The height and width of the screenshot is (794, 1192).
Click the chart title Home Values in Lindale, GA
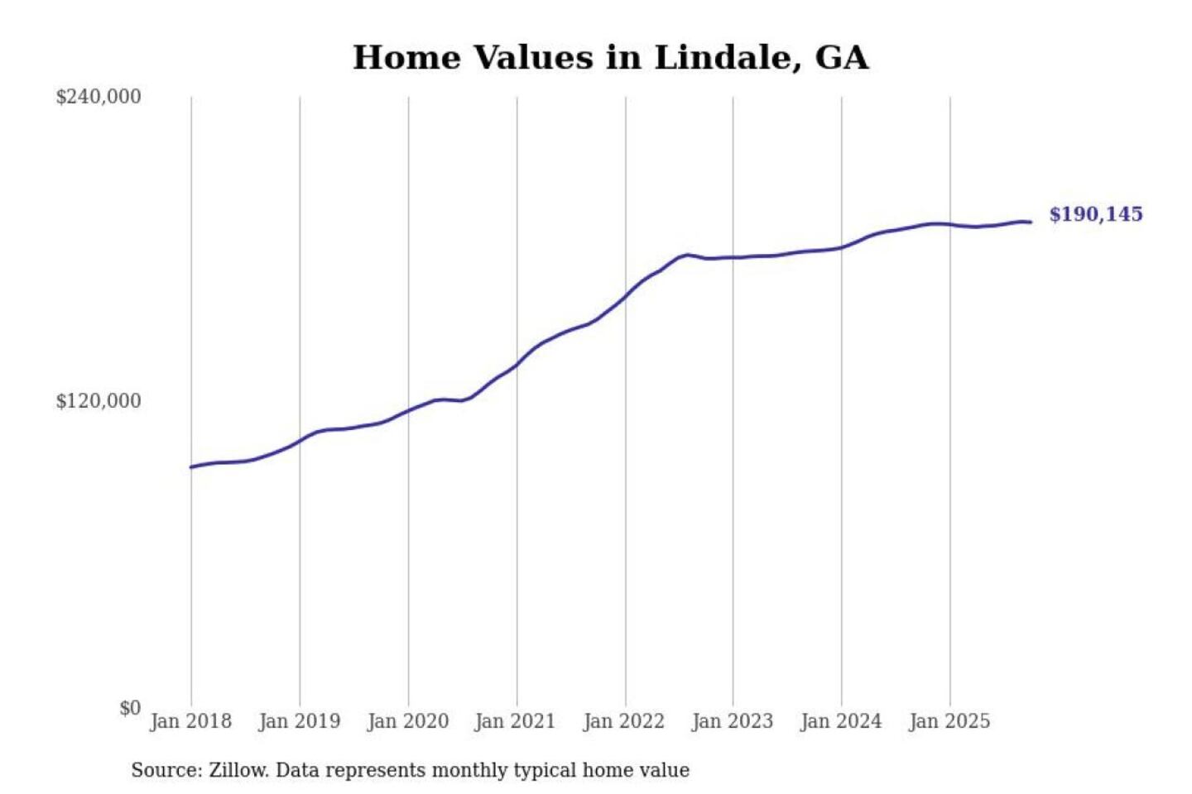pos(610,58)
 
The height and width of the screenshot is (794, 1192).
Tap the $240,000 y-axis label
pos(99,97)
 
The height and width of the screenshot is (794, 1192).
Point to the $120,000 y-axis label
pos(99,401)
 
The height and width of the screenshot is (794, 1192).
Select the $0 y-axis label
pos(130,708)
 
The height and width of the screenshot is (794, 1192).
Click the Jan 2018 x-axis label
pos(190,721)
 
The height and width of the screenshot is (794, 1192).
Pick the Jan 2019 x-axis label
pos(299,721)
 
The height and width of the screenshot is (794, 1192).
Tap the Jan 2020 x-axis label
pos(407,721)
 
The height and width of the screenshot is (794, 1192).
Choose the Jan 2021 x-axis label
pos(515,721)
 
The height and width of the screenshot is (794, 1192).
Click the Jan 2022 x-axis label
pos(624,721)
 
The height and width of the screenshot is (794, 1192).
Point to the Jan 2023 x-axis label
pos(732,721)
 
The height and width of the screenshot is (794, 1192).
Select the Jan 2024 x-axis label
pos(841,721)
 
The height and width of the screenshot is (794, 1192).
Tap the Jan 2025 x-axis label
pos(949,721)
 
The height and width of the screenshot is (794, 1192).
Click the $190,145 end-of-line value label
pos(1095,214)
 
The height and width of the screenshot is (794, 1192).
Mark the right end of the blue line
pos(1031,222)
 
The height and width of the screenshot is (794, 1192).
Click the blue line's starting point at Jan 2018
pos(191,467)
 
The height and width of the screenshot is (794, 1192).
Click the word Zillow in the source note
pos(238,770)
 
